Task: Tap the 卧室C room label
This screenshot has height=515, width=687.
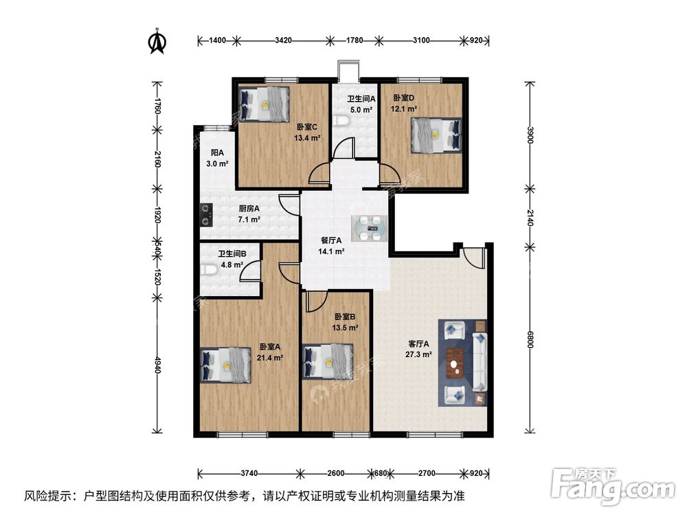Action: click(307, 127)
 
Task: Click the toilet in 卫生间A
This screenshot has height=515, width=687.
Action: click(342, 122)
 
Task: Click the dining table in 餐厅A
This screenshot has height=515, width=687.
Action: click(372, 227)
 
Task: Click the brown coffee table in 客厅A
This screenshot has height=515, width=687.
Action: click(455, 363)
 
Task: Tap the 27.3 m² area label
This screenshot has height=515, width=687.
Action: click(418, 354)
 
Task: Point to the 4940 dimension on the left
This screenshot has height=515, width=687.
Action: click(157, 365)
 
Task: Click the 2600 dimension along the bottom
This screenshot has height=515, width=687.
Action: click(336, 473)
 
